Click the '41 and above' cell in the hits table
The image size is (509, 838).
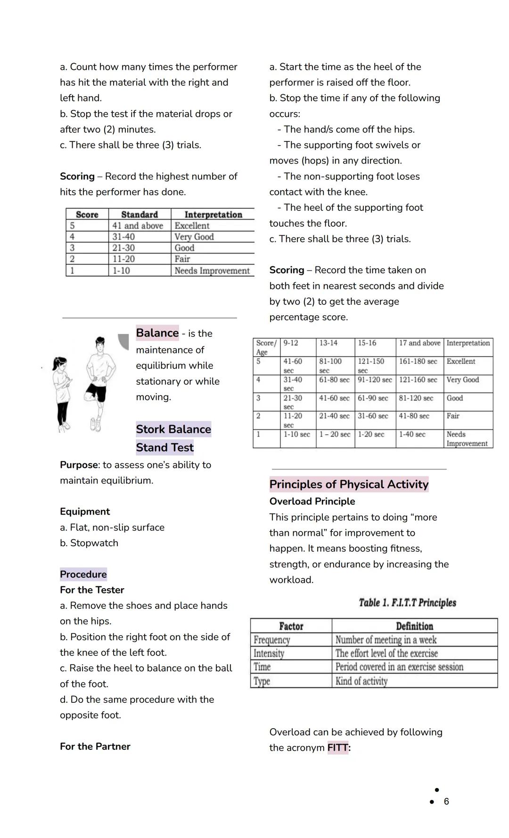click(138, 226)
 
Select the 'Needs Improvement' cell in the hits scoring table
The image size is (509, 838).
click(212, 271)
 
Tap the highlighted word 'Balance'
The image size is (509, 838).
click(157, 333)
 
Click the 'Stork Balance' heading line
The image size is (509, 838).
click(173, 429)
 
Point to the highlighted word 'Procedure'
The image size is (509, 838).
click(83, 574)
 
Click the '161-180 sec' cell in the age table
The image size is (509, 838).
click(418, 361)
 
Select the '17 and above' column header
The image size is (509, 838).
click(419, 343)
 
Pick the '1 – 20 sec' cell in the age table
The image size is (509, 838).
click(335, 435)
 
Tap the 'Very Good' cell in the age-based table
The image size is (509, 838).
click(462, 380)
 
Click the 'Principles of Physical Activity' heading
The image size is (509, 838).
click(349, 484)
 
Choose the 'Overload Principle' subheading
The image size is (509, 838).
click(312, 501)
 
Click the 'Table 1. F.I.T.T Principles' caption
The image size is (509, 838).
click(407, 602)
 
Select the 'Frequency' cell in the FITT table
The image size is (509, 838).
click(272, 640)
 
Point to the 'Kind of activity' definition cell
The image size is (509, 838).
click(361, 681)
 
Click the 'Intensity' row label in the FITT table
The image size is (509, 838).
click(269, 653)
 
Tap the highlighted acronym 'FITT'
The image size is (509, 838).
click(338, 748)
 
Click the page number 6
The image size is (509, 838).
click(446, 801)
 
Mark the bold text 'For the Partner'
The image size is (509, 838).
click(95, 746)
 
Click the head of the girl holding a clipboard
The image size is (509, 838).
click(62, 364)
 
